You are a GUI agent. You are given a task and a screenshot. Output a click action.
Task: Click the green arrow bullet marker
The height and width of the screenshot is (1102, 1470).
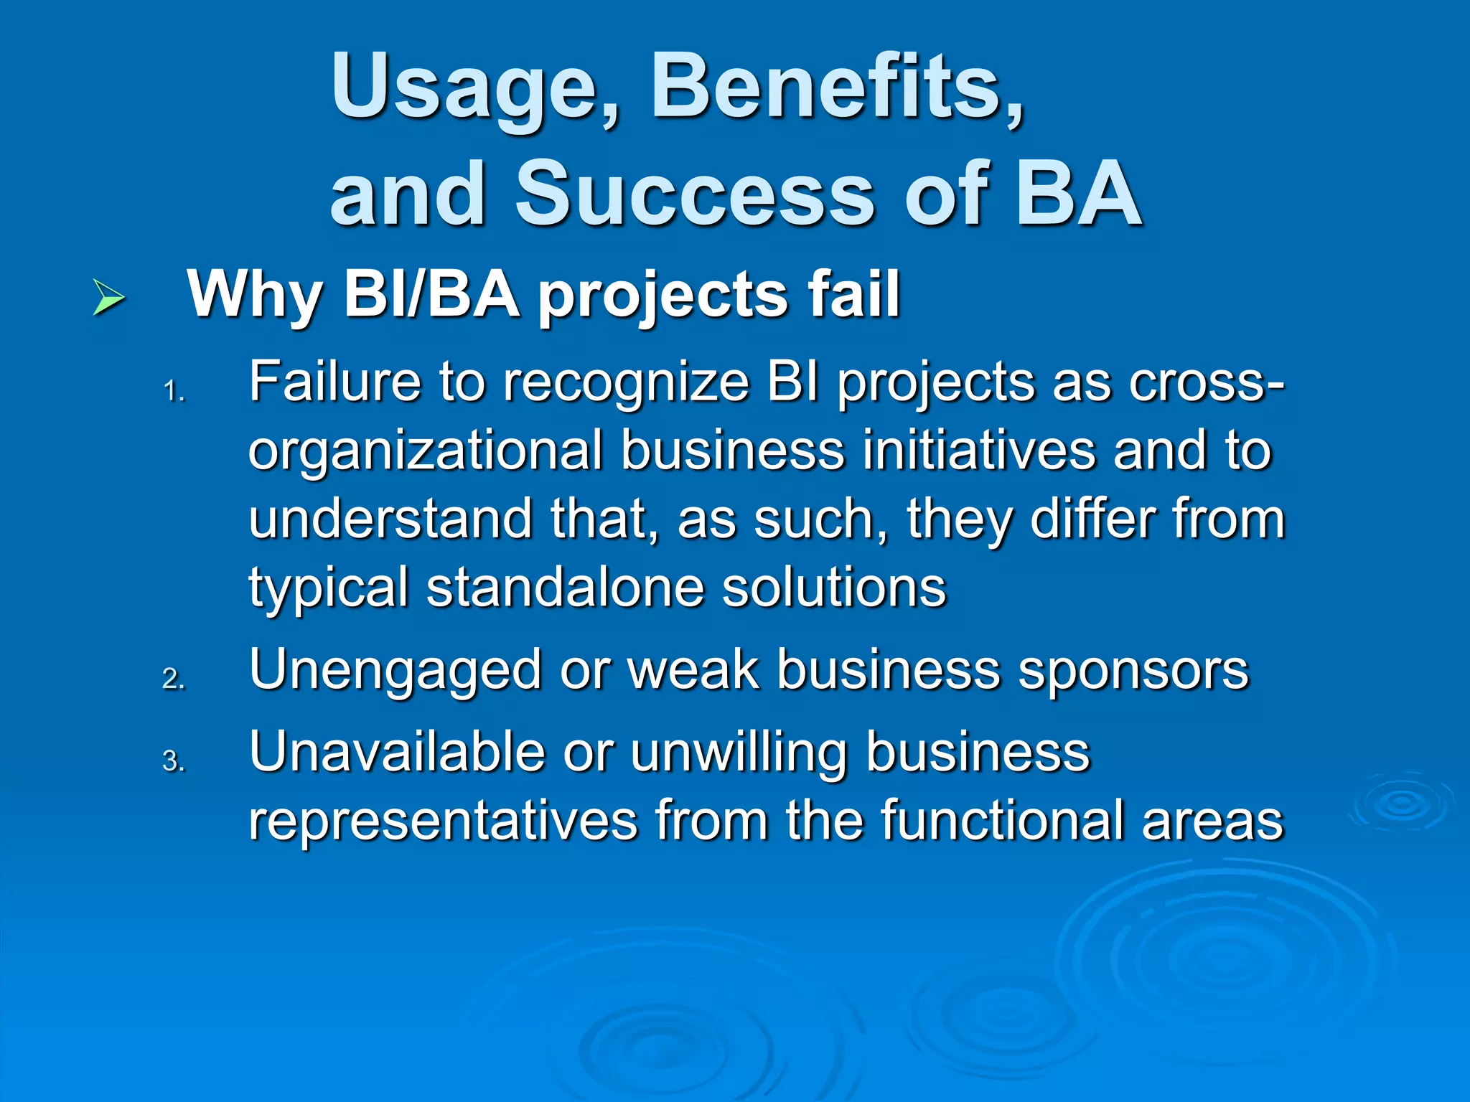tap(109, 298)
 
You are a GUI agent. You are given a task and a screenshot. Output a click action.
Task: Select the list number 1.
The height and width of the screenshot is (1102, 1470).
tap(173, 392)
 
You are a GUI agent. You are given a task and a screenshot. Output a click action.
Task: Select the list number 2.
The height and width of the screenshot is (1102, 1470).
tap(173, 679)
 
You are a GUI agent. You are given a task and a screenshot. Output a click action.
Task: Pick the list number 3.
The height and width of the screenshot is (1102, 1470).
tap(173, 761)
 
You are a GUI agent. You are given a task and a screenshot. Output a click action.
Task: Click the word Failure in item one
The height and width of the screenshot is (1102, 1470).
tap(334, 382)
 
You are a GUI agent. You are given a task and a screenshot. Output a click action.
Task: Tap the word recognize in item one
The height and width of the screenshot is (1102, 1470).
tap(626, 383)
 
